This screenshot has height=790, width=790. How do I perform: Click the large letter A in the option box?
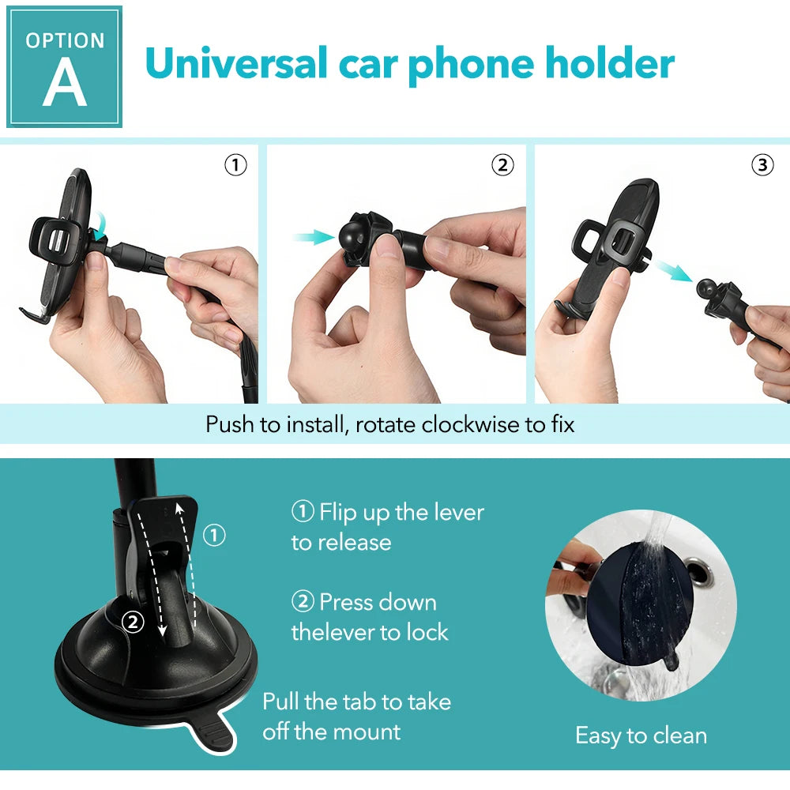(x=65, y=81)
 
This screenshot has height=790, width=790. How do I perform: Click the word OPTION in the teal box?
(x=65, y=41)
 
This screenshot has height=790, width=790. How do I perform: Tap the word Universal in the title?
(x=236, y=63)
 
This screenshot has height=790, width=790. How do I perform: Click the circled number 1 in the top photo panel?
(x=235, y=165)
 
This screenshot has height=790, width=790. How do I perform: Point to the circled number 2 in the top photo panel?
(x=502, y=165)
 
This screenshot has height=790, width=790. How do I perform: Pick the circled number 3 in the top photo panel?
(x=762, y=165)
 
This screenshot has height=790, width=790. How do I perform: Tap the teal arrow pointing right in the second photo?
(x=314, y=237)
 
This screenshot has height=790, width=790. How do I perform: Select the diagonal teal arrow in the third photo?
(x=674, y=270)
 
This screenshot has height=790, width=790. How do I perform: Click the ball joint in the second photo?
(x=352, y=235)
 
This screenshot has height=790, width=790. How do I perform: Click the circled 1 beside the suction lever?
(x=214, y=535)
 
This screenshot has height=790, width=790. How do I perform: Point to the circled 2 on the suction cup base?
(x=133, y=623)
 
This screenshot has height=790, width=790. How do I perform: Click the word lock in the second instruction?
(x=427, y=632)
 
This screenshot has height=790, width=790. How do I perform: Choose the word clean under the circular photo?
(x=680, y=736)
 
